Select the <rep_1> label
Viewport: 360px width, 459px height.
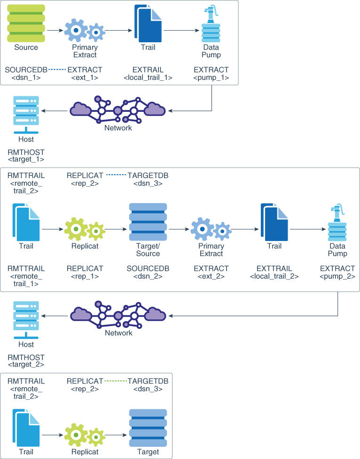pyautogui.click(x=85, y=277)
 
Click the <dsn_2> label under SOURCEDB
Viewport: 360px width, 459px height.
pyautogui.click(x=148, y=277)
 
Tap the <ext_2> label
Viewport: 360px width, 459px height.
pyautogui.click(x=211, y=277)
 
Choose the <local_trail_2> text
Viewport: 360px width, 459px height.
pyautogui.click(x=275, y=277)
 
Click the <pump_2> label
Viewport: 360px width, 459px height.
pyautogui.click(x=337, y=277)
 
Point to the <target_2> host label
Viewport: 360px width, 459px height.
pyautogui.click(x=26, y=364)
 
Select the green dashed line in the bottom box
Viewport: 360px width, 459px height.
pyautogui.click(x=116, y=381)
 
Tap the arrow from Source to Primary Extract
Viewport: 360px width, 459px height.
pyautogui.click(x=55, y=31)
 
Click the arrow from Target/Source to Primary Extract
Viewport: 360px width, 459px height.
pyautogui.click(x=179, y=230)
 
